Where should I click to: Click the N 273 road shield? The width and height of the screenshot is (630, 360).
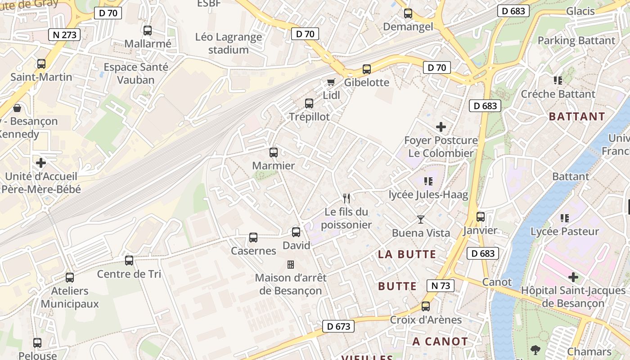click(64, 35)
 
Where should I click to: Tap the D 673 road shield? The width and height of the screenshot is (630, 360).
click(338, 326)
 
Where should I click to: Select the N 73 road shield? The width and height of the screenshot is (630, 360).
click(440, 285)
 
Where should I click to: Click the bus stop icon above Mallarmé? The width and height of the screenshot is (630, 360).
click(147, 31)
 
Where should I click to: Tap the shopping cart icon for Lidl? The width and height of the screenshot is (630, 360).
click(331, 82)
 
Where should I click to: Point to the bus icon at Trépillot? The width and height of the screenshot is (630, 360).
click(309, 103)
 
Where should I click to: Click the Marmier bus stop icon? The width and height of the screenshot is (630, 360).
click(273, 153)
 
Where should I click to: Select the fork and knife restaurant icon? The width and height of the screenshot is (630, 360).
click(346, 198)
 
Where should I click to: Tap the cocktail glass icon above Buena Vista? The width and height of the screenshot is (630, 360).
click(421, 220)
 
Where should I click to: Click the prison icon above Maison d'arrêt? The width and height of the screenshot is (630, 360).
click(291, 264)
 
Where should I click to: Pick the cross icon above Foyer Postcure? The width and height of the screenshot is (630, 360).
click(441, 127)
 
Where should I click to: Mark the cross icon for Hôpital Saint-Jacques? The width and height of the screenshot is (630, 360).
click(573, 277)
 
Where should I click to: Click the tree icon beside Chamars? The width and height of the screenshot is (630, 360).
click(535, 350)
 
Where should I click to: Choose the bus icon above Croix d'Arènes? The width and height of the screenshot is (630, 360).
click(426, 306)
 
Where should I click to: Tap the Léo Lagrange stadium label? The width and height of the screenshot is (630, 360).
click(229, 43)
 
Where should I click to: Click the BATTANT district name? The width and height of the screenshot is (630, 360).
click(577, 117)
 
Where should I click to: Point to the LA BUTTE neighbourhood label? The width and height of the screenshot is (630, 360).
click(407, 254)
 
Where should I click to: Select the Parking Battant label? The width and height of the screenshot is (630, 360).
click(576, 40)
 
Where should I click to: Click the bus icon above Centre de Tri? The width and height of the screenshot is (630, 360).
click(129, 261)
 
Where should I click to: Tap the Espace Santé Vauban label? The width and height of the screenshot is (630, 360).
click(135, 73)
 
